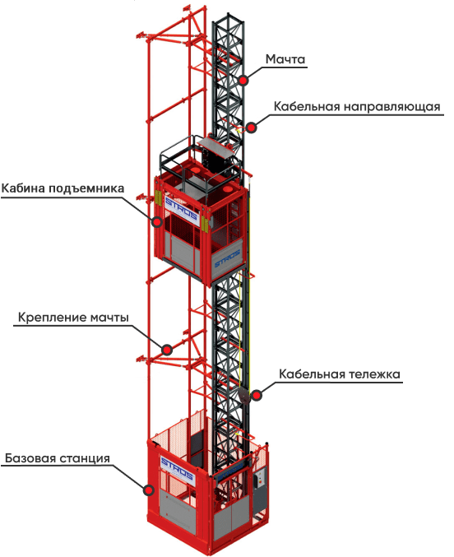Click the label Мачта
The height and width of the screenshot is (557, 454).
pos(285,59)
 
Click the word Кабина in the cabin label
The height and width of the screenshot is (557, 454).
pos(23,188)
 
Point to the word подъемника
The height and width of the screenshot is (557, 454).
pos(86,188)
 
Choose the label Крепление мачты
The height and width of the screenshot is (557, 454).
pos(73,318)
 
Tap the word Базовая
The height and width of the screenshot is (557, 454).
pos(30,458)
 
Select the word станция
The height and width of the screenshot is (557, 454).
pos(84,458)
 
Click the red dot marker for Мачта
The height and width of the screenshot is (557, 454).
pos(243,81)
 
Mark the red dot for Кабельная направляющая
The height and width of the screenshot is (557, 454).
pos(251,128)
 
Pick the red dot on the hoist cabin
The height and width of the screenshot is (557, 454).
pos(156,222)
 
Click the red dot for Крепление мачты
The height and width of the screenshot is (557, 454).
pos(167,350)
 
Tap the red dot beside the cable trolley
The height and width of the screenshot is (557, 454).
pos(256,395)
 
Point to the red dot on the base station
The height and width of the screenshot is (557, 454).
pos(149,490)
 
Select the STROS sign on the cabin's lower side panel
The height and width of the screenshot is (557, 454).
pos(227,258)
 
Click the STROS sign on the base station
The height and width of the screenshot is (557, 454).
pos(178,469)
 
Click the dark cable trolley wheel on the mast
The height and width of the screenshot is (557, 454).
pos(244,396)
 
